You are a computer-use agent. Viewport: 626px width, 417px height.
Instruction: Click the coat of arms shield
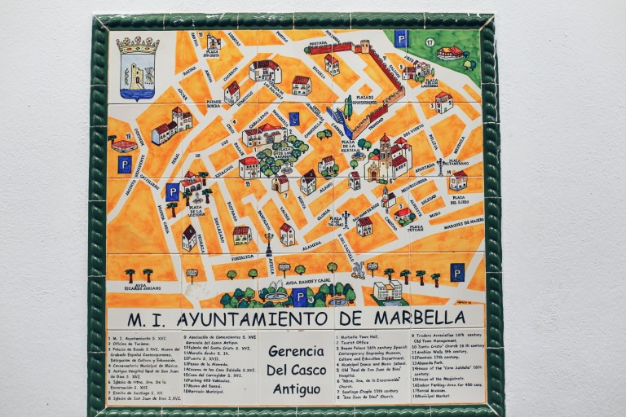click(138, 68)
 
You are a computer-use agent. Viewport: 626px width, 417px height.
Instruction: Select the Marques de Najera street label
click(463, 220)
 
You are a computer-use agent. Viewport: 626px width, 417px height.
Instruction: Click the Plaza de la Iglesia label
click(349, 147)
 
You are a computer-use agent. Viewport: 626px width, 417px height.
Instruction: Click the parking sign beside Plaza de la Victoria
click(172, 192)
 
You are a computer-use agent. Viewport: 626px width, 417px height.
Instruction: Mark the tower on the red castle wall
click(363, 46)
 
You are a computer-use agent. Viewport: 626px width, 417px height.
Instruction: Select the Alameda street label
click(311, 244)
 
